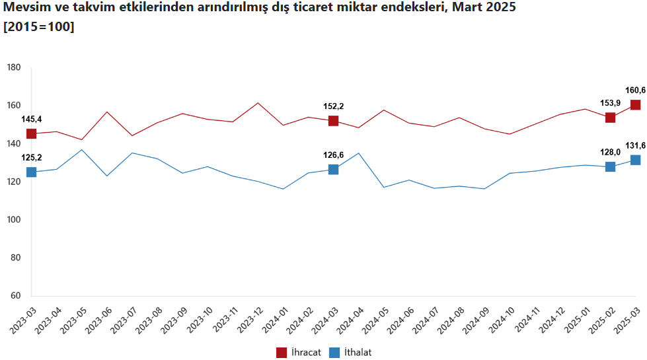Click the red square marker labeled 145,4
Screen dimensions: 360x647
point(31,134)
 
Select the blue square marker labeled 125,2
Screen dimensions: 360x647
point(31,172)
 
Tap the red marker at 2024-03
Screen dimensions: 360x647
point(333,121)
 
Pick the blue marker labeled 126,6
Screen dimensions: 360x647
point(333,170)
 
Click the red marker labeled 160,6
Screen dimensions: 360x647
point(635,105)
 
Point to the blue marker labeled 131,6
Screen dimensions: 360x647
point(635,160)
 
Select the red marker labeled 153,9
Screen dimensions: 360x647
point(610,118)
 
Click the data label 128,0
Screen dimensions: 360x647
point(610,151)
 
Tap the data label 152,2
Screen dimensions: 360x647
point(333,106)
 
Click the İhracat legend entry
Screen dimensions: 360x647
point(299,353)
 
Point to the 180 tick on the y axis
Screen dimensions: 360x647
point(15,68)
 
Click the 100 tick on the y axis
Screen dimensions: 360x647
point(15,219)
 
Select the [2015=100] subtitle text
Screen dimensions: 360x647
point(38,27)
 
